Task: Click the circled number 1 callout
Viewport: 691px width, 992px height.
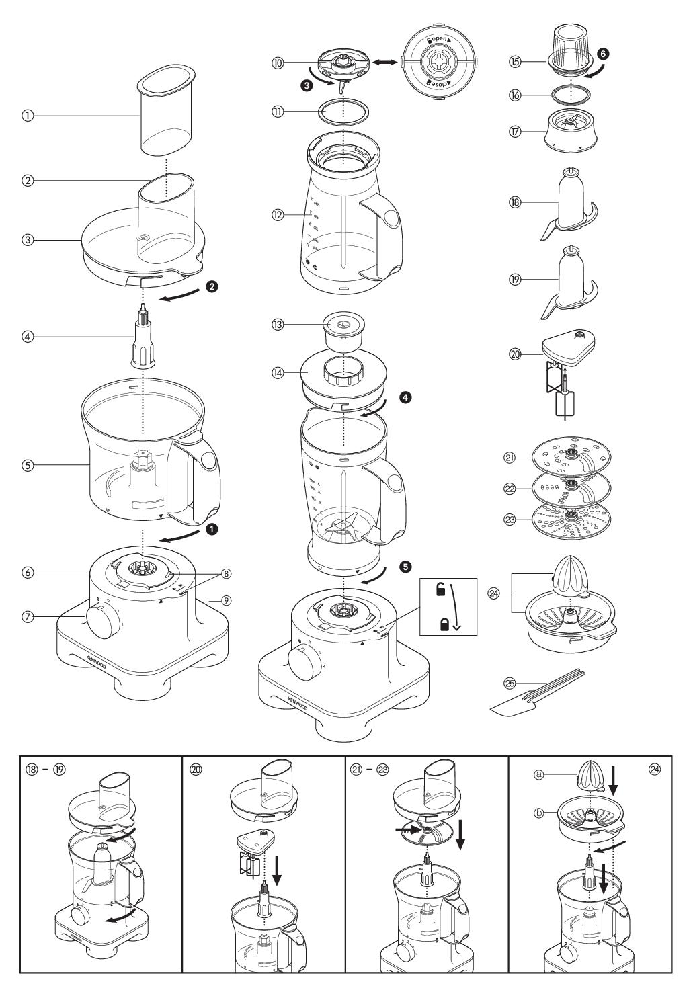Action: pyautogui.click(x=27, y=116)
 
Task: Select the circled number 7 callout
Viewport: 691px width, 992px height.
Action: pyautogui.click(x=27, y=616)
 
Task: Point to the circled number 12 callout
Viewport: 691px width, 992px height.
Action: pyautogui.click(x=277, y=215)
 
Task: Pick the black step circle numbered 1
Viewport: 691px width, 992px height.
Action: pyautogui.click(x=213, y=530)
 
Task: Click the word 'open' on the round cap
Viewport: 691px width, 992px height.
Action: pyautogui.click(x=438, y=40)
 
